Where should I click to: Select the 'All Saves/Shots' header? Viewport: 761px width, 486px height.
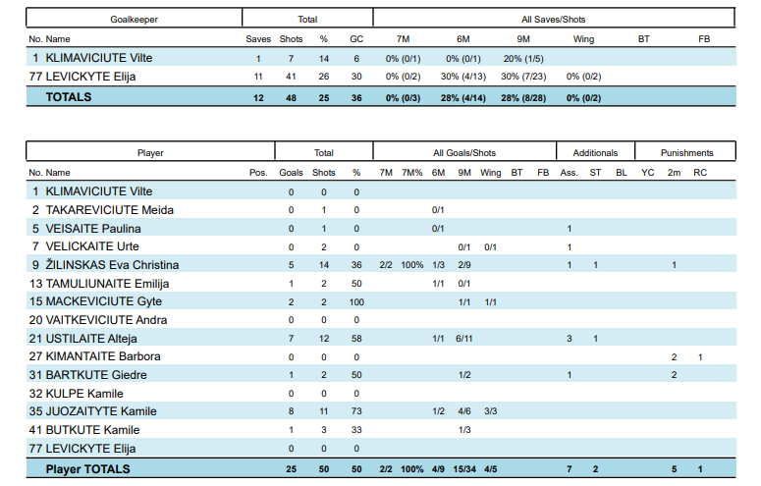pos(554,19)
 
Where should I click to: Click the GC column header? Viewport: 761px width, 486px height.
pos(355,39)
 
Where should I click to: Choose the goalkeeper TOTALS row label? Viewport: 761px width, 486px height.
pos(68,97)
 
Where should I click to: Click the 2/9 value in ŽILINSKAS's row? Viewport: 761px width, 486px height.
pos(464,265)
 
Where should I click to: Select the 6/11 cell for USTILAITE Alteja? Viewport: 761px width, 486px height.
pos(464,339)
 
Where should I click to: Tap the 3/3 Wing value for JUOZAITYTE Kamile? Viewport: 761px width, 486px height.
pos(491,412)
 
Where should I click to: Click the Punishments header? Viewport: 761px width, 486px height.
pos(687,153)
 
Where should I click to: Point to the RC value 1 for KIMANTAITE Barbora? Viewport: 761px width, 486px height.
pos(700,357)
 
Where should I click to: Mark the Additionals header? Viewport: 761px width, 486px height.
pos(596,153)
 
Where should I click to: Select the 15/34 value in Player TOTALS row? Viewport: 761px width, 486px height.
pos(464,469)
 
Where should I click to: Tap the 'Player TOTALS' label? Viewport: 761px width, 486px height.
pos(87,469)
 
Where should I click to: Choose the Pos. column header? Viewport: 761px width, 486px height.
pos(258,173)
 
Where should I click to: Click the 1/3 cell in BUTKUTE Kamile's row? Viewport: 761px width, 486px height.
pos(464,431)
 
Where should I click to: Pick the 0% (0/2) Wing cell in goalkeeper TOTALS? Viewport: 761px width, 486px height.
pos(583,97)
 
